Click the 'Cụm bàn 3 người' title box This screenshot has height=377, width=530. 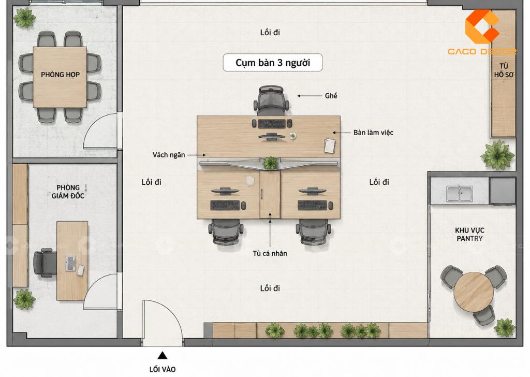(x=272, y=63)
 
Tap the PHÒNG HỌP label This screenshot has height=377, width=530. (x=60, y=75)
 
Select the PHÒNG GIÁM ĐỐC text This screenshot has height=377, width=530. (x=68, y=192)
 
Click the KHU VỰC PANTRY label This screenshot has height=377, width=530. (x=469, y=234)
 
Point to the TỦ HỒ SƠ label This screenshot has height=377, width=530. (x=504, y=70)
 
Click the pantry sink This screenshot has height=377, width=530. (x=460, y=194)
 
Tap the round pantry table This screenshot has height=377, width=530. (x=473, y=292)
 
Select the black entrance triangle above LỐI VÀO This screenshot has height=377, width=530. (x=163, y=355)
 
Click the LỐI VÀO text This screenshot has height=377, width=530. (x=163, y=369)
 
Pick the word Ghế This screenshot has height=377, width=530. (x=331, y=96)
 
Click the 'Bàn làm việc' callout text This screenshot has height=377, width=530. (x=373, y=133)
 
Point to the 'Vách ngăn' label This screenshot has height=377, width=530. (x=169, y=155)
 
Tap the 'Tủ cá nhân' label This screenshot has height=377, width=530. (x=270, y=253)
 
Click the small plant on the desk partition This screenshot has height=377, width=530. (x=270, y=163)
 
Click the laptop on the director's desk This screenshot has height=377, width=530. (x=70, y=264)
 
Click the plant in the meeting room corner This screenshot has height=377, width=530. (x=24, y=17)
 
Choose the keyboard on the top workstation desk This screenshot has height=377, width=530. (x=271, y=123)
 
